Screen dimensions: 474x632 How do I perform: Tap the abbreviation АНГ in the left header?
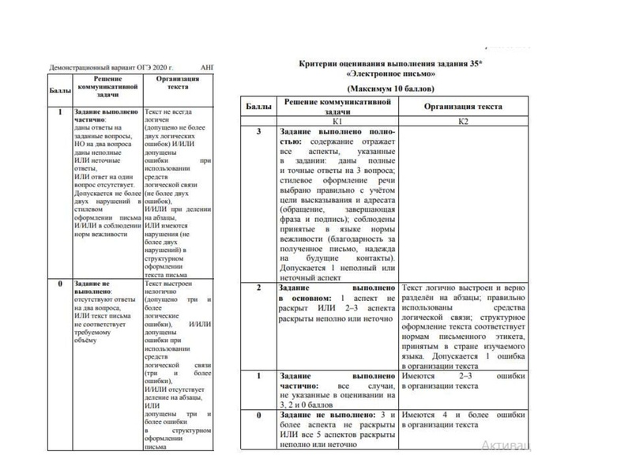point(208,69)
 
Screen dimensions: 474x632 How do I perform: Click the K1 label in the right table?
point(337,120)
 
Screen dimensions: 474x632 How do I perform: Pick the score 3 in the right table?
point(258,130)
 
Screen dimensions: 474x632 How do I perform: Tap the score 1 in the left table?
point(61,113)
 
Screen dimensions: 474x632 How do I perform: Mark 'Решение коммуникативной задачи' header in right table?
point(337,106)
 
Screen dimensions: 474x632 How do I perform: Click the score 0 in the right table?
point(258,415)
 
